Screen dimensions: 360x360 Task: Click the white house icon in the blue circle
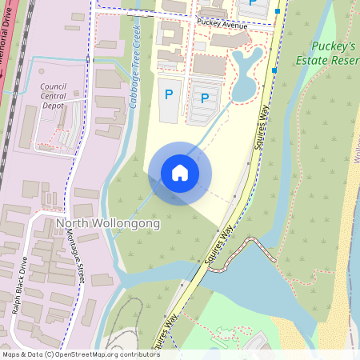pyautogui.click(x=180, y=173)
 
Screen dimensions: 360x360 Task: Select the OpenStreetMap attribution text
pyautogui.click(x=80, y=354)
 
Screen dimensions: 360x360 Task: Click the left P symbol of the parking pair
pyautogui.click(x=168, y=94)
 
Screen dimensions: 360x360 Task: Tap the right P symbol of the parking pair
pyautogui.click(x=205, y=98)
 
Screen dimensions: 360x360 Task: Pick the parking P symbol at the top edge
pyautogui.click(x=253, y=3)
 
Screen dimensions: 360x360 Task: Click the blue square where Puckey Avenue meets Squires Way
pyautogui.click(x=277, y=12)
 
